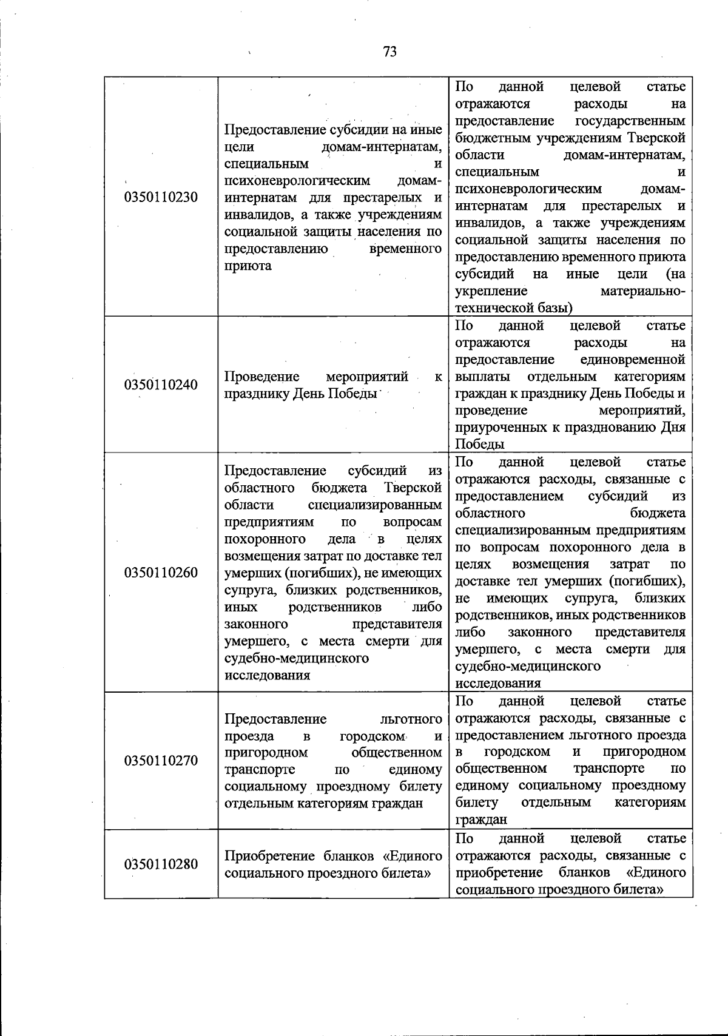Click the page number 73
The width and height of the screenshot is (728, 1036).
pyautogui.click(x=389, y=52)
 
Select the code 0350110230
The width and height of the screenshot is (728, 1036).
pyautogui.click(x=161, y=197)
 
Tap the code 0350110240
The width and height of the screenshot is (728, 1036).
pyautogui.click(x=161, y=385)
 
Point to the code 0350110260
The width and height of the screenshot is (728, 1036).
pyautogui.click(x=161, y=572)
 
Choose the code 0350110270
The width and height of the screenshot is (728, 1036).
pyautogui.click(x=161, y=761)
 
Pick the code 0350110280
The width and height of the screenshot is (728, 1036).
pyautogui.click(x=161, y=864)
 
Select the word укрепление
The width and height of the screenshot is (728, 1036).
pyautogui.click(x=491, y=291)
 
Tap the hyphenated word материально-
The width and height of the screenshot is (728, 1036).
pyautogui.click(x=643, y=291)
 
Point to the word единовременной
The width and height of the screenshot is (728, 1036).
pyautogui.click(x=633, y=360)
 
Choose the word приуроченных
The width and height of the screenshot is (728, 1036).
pyautogui.click(x=500, y=427)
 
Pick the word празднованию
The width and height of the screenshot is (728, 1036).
pyautogui.click(x=608, y=427)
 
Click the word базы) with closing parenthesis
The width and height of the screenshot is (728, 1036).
pyautogui.click(x=555, y=308)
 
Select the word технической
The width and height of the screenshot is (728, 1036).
pyautogui.click(x=494, y=308)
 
